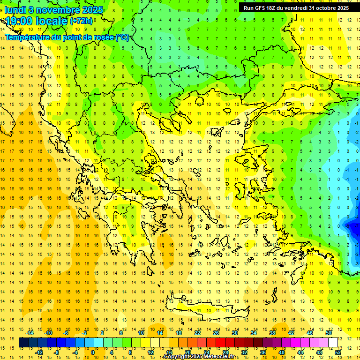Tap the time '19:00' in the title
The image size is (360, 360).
[19, 21]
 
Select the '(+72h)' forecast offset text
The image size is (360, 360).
[81, 21]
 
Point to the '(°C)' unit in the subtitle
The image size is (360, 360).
[122, 37]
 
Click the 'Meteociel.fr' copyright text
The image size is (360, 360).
[213, 357]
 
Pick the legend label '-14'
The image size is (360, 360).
[30, 333]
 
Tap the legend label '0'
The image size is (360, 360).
[92, 352]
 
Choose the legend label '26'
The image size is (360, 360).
[216, 333]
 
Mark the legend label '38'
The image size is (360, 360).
[272, 333]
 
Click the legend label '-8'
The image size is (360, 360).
[57, 352]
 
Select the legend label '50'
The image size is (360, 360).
[329, 333]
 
